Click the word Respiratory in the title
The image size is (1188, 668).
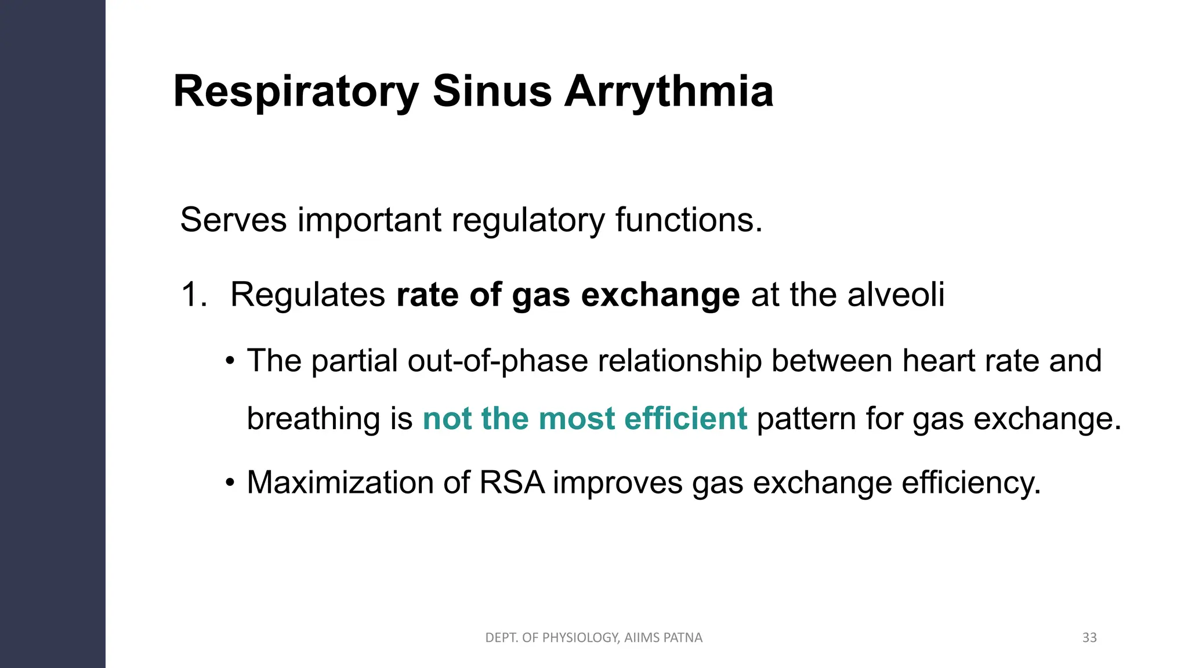click(x=296, y=92)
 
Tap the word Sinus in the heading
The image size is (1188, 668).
click(x=492, y=92)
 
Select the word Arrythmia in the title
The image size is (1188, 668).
click(x=669, y=92)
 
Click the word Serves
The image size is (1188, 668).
click(x=233, y=220)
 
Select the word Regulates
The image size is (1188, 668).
click(x=307, y=295)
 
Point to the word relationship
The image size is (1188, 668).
click(x=679, y=361)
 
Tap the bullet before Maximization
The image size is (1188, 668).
click(x=230, y=482)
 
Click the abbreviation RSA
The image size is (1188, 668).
click(x=512, y=482)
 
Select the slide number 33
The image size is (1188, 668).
click(x=1089, y=638)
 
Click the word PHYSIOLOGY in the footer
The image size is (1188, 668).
click(x=581, y=638)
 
